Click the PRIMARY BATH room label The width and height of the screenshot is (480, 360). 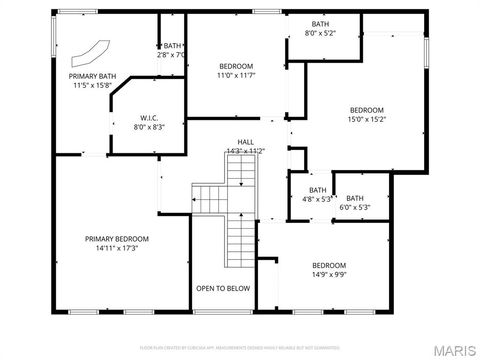[93, 76]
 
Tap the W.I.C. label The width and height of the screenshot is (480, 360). [148, 117]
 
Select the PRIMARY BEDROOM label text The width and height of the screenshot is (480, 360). [117, 238]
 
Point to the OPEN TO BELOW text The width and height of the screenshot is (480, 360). [223, 288]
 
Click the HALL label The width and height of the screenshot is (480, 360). [245, 142]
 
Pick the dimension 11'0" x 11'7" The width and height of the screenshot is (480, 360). [237, 75]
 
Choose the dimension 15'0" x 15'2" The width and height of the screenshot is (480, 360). [366, 119]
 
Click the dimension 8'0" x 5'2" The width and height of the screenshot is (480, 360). [320, 33]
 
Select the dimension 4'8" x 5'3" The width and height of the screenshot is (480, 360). [317, 199]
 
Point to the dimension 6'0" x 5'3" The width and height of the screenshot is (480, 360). [355, 207]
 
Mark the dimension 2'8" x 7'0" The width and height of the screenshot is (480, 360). [172, 55]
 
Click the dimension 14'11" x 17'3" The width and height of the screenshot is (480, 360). [117, 248]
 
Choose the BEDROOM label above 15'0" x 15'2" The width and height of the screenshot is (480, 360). [366, 110]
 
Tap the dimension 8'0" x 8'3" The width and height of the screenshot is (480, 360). [148, 126]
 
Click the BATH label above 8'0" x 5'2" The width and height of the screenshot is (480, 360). [320, 24]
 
